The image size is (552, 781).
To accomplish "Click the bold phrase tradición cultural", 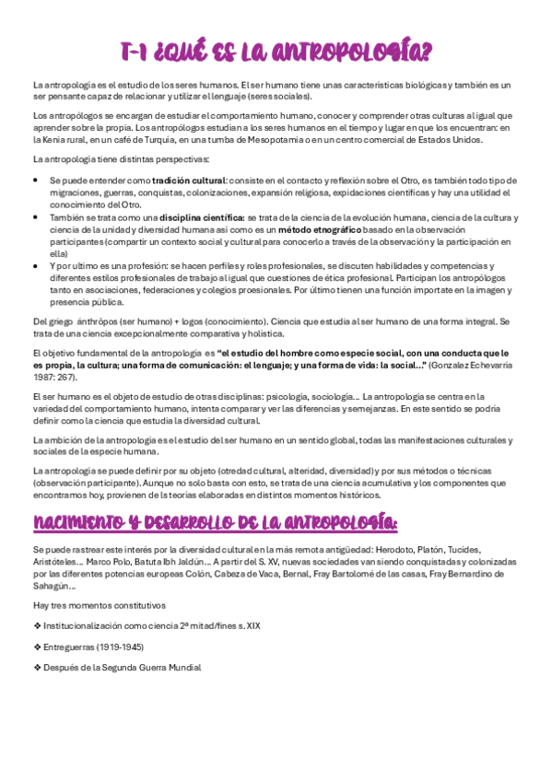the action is [x=189, y=181].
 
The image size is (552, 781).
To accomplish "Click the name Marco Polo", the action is [x=106, y=561].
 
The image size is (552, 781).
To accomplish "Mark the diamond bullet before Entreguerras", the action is [x=36, y=647].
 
